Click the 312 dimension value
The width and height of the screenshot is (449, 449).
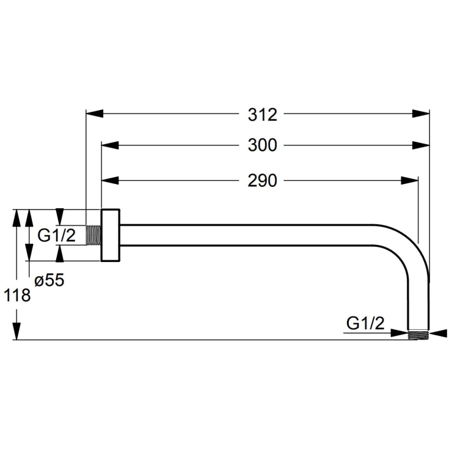(262, 115)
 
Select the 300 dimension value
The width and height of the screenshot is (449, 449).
(262, 145)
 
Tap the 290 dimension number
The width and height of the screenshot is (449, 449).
(262, 181)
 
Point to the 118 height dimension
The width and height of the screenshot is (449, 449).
(17, 295)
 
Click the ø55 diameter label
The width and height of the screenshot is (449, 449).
(49, 280)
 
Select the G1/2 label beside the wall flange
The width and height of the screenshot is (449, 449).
(57, 235)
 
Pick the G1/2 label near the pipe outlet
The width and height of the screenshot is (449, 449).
(365, 323)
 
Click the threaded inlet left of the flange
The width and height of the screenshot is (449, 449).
(93, 235)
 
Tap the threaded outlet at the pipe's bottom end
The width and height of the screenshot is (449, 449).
(418, 335)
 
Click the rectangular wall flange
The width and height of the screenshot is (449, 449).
(110, 235)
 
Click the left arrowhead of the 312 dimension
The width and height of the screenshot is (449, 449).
(95, 113)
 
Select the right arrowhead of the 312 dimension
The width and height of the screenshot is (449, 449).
(421, 113)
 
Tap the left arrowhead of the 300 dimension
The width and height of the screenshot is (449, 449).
(110, 145)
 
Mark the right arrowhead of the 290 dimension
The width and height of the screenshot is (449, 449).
(410, 181)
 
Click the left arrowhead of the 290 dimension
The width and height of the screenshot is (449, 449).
(110, 181)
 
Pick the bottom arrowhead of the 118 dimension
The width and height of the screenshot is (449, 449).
(17, 331)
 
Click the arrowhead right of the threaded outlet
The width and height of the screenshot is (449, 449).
(438, 333)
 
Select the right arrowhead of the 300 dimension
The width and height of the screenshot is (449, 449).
(421, 145)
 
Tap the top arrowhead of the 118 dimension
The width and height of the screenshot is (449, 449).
(17, 218)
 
